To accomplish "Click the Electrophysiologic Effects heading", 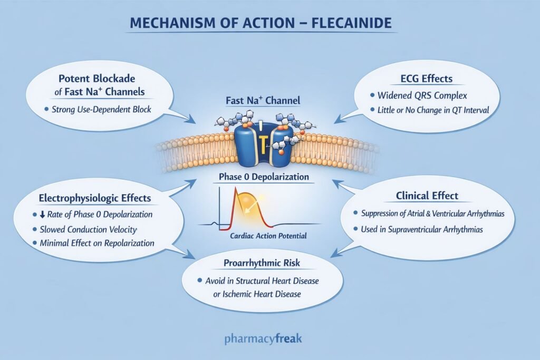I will (x=95, y=198).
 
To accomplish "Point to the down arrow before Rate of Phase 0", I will (x=42, y=215).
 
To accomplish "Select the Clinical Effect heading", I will (x=427, y=196).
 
